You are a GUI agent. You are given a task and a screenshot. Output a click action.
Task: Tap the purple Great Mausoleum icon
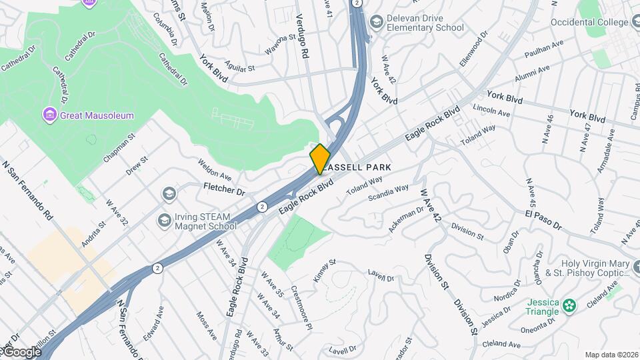tap(49, 115)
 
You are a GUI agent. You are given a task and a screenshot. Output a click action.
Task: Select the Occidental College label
tap(590, 22)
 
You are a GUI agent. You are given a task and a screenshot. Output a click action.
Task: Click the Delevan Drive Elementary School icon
tap(376, 22)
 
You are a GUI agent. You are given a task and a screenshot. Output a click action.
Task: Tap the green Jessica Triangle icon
tap(569, 305)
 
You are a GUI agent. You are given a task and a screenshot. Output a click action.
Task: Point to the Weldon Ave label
tap(214, 169)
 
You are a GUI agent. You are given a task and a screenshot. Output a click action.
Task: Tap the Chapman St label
tap(119, 147)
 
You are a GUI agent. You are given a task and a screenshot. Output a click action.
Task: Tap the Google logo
tap(21, 352)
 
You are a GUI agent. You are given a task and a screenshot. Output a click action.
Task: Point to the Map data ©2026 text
tap(611, 354)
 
